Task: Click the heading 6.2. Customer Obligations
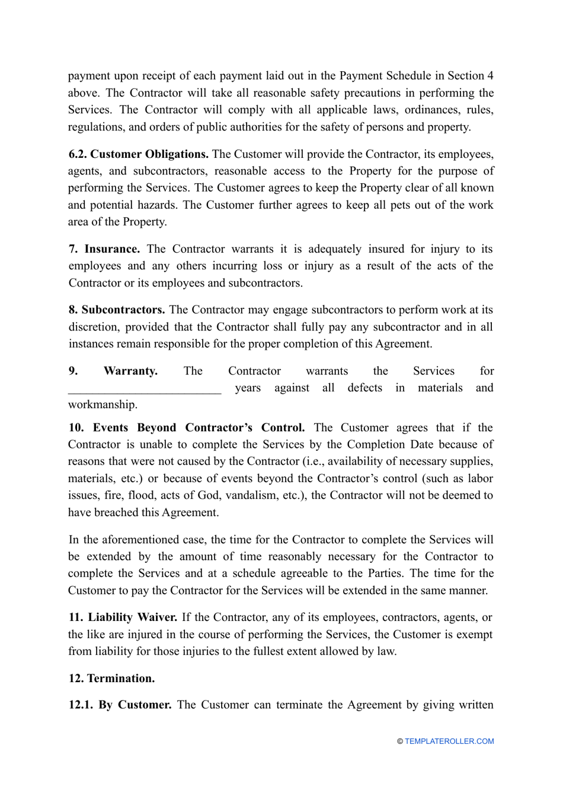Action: tap(138, 154)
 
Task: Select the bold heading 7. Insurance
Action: tap(104, 249)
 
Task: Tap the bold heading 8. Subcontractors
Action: tap(117, 310)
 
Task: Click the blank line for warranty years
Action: tap(145, 389)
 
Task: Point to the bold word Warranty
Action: tap(130, 371)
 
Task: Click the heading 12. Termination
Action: tap(111, 679)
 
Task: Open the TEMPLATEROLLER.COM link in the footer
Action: tap(449, 741)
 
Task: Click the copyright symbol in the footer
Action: tap(400, 741)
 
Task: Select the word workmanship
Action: tap(102, 405)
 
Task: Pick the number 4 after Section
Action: tap(490, 76)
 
